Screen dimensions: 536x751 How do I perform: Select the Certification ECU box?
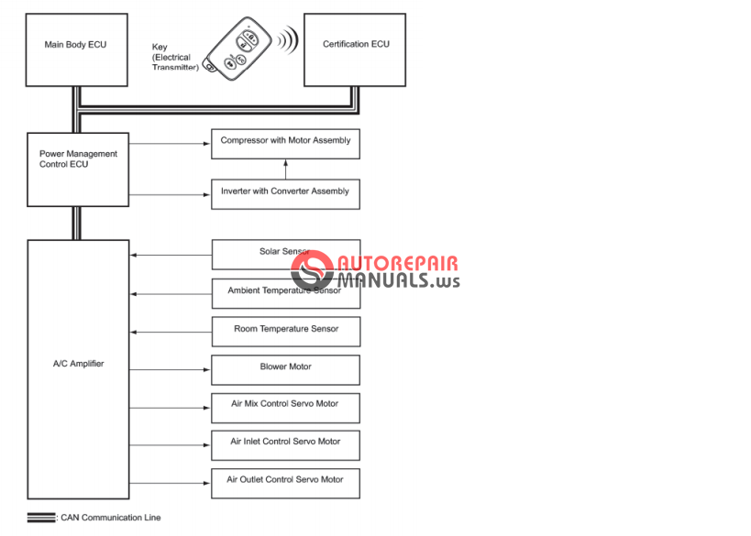point(355,49)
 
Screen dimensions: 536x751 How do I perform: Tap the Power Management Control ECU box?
point(78,169)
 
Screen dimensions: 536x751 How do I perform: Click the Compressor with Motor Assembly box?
point(285,144)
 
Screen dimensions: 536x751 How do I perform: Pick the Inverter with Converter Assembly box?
point(285,193)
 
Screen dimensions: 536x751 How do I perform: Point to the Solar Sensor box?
point(285,255)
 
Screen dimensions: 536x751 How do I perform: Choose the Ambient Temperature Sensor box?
point(285,293)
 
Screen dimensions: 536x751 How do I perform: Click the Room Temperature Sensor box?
point(285,331)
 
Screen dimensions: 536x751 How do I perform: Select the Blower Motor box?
point(285,369)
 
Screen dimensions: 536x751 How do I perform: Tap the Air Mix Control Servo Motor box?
point(285,407)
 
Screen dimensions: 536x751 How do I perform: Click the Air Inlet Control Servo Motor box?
point(285,444)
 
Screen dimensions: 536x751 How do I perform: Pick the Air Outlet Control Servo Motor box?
point(285,483)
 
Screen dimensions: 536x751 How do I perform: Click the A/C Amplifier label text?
point(78,364)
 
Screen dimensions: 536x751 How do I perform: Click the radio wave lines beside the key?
point(288,40)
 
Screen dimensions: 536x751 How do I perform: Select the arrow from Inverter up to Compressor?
point(285,169)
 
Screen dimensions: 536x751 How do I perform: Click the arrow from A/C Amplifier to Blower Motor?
point(171,369)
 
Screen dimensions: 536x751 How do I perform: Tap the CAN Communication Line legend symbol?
point(41,518)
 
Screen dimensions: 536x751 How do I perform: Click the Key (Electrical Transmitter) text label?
point(174,57)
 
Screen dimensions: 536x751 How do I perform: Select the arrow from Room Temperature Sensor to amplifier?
point(171,332)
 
